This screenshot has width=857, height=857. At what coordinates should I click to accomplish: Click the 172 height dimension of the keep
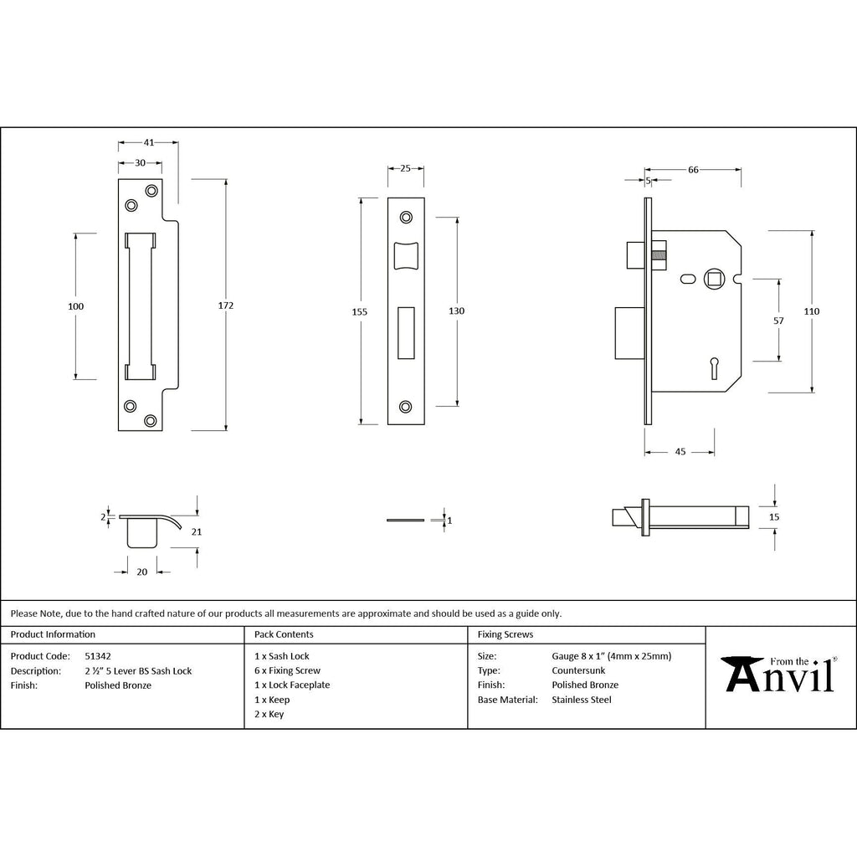click(x=226, y=305)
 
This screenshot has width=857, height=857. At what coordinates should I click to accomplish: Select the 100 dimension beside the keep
click(x=76, y=306)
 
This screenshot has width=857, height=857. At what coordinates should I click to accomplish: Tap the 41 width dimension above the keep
click(x=149, y=142)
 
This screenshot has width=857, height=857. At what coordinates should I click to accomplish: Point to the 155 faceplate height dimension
click(x=360, y=311)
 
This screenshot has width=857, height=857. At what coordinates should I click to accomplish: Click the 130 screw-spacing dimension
click(x=456, y=311)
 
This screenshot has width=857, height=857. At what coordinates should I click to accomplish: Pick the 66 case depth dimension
click(x=693, y=170)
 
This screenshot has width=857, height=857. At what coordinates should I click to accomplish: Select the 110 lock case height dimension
click(x=812, y=311)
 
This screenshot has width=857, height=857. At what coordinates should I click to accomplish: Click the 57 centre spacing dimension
click(x=779, y=321)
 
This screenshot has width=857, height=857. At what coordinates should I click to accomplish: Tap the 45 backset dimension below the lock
click(x=680, y=451)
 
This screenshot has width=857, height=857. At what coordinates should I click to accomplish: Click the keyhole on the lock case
click(x=715, y=368)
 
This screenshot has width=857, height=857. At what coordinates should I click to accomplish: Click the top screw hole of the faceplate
click(x=406, y=218)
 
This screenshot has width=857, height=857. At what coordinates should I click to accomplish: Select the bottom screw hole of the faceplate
click(x=406, y=407)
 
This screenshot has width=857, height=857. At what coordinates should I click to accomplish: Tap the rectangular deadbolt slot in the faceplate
click(x=406, y=333)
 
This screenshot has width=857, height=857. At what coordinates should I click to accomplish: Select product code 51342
click(x=98, y=656)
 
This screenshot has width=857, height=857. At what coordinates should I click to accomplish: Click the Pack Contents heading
click(x=284, y=634)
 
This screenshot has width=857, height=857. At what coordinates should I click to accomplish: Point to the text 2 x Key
click(x=269, y=714)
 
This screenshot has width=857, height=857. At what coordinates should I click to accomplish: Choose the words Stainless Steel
click(x=582, y=700)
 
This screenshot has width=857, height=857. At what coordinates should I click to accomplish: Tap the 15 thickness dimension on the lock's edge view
click(x=774, y=517)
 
